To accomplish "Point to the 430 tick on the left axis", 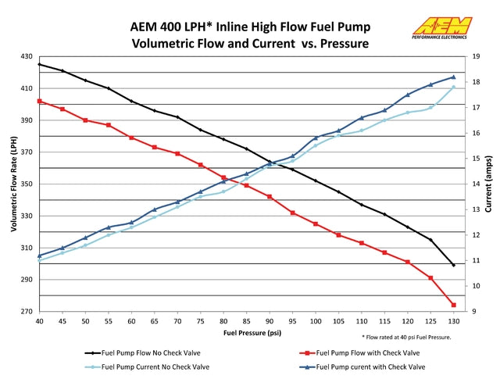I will [x=27, y=57].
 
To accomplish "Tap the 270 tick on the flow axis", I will [x=27, y=311].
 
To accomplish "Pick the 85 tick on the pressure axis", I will [x=246, y=321].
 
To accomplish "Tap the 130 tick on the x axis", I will [x=453, y=321].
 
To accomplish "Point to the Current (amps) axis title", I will [x=489, y=184].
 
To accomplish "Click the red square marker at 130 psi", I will [x=453, y=305].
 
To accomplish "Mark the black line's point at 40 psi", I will [x=39, y=64].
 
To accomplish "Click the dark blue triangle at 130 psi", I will [x=453, y=77].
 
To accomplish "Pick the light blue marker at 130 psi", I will [x=453, y=87].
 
